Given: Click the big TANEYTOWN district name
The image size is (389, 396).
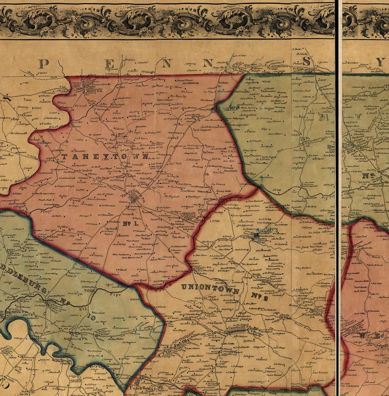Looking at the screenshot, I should tap(105, 156).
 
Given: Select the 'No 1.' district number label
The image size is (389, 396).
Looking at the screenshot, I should tap(130, 224).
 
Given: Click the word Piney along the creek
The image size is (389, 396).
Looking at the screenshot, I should tap(46, 211).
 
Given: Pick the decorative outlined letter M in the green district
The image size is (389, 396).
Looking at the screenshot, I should tap(323, 117).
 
